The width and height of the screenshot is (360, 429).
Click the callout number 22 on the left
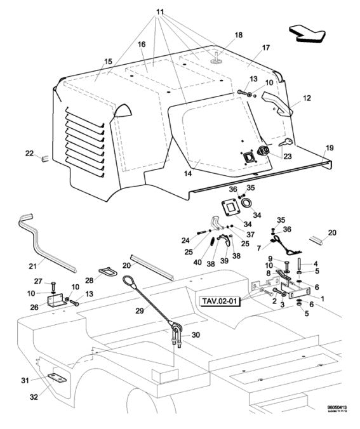click(29, 153)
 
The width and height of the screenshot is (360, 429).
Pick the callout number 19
click(330, 147)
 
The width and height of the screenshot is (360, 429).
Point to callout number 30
click(196, 334)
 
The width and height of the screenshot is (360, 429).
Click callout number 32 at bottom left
click(34, 397)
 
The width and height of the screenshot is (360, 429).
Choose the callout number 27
click(36, 281)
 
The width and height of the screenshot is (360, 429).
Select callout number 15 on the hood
click(108, 61)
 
